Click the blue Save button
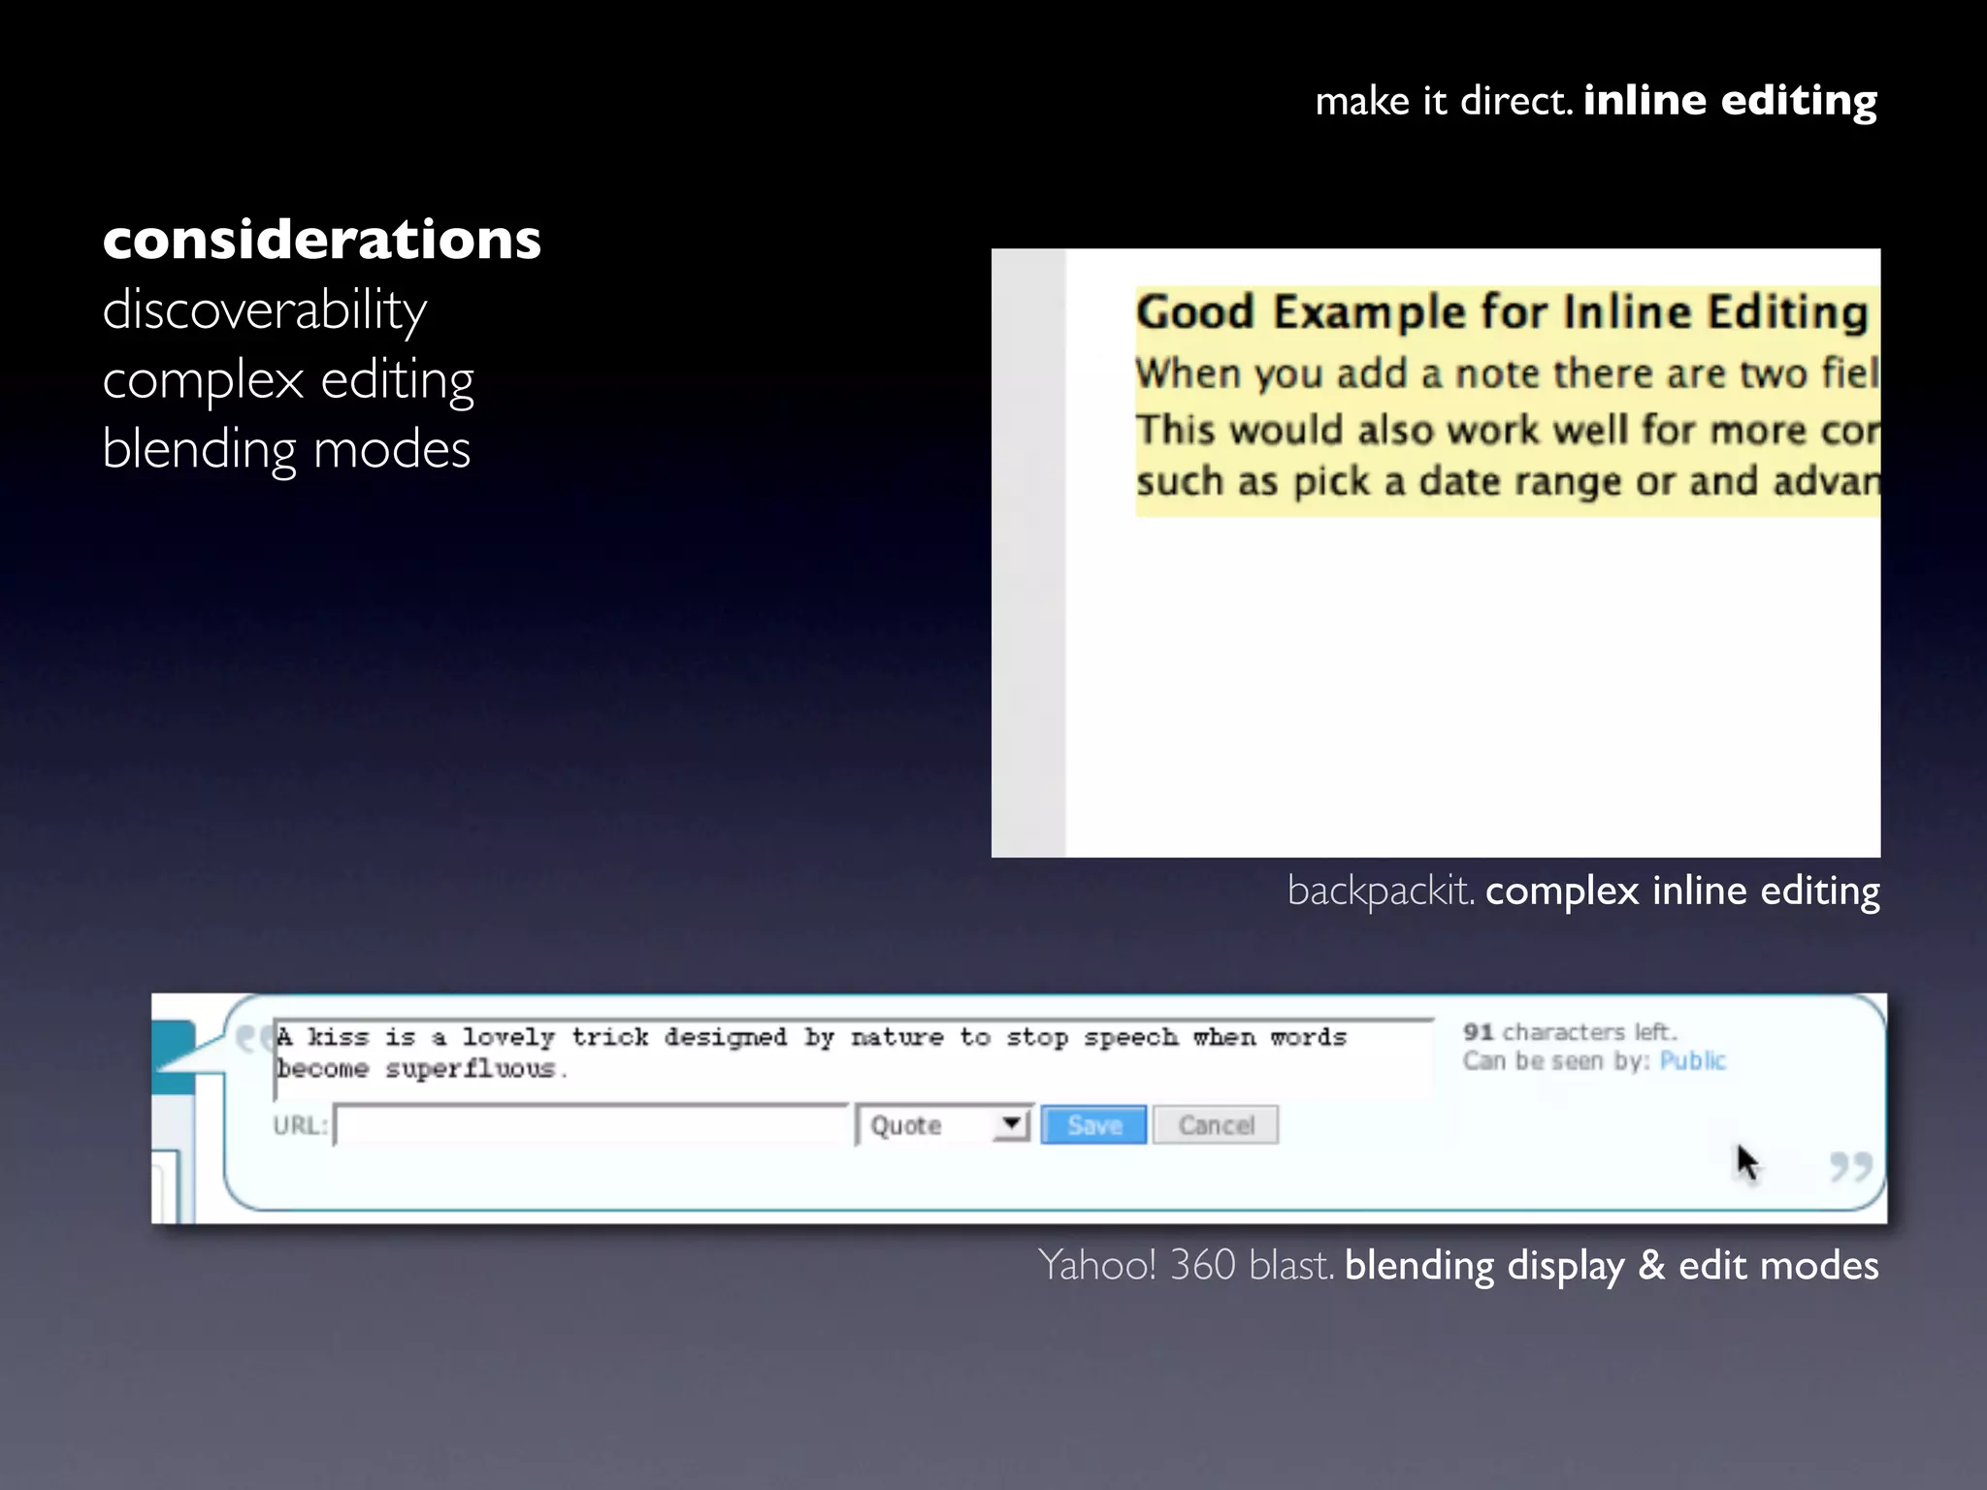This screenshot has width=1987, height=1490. (x=1093, y=1125)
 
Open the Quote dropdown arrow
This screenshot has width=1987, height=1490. (x=1012, y=1124)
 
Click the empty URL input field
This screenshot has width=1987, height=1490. (x=590, y=1125)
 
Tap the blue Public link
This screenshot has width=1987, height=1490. (x=1692, y=1060)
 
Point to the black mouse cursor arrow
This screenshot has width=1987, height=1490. (x=1746, y=1162)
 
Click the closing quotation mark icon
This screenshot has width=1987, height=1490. (x=1849, y=1166)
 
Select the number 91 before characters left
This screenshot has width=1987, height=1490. (x=1478, y=1031)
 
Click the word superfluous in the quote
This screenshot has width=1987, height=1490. (x=471, y=1069)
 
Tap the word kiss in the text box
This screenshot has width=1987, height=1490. (x=338, y=1037)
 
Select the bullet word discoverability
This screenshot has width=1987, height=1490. (x=264, y=310)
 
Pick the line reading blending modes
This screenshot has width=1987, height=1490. (x=286, y=449)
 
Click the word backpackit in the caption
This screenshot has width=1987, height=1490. (x=1379, y=891)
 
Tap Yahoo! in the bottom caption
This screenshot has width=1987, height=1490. (x=1096, y=1265)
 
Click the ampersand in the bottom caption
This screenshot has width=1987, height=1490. (x=1651, y=1266)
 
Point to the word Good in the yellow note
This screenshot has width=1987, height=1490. (x=1195, y=312)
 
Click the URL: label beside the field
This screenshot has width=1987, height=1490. (x=300, y=1125)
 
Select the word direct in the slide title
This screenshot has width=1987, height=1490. (x=1515, y=101)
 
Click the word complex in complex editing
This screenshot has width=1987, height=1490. (x=203, y=379)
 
